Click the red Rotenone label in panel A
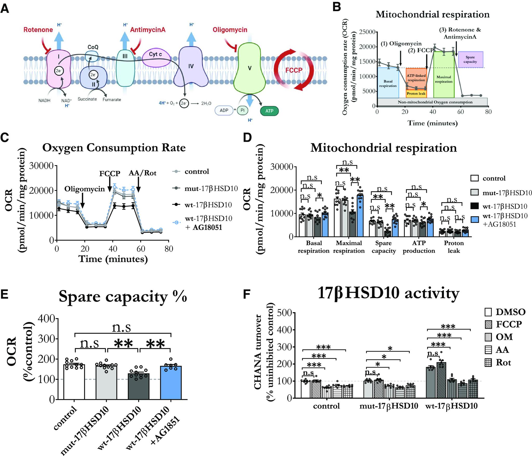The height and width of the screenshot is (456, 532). [38, 30]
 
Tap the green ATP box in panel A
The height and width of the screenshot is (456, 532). [269, 111]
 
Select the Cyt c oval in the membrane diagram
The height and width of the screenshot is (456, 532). [156, 55]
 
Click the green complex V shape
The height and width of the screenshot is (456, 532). [250, 68]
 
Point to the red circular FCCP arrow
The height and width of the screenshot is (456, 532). [294, 70]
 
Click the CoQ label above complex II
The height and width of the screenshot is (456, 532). [93, 47]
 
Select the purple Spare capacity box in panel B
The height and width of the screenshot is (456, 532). [470, 59]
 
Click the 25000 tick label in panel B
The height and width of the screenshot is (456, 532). [367, 32]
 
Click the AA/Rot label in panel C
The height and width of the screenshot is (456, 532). [142, 173]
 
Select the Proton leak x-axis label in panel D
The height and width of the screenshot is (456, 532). [454, 247]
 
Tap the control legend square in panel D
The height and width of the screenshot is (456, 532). [474, 178]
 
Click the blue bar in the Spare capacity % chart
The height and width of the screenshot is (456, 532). [171, 383]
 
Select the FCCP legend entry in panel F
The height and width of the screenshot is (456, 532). [504, 324]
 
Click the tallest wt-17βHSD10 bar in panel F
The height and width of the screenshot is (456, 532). [441, 380]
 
